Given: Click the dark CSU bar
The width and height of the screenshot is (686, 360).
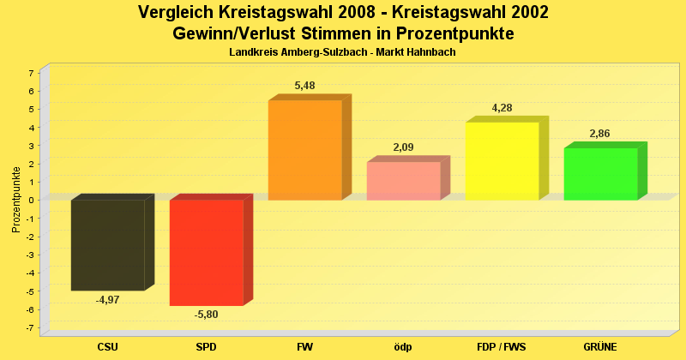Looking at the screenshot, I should click(107, 245).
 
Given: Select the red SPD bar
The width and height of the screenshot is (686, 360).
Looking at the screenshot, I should click(206, 252).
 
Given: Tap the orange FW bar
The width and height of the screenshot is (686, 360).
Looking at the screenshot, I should click(304, 150).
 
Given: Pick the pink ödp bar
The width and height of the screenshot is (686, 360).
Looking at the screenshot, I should click(403, 181).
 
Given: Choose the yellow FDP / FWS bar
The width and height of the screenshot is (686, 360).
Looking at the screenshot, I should click(502, 161).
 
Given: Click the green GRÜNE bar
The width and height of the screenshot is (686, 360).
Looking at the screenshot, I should click(600, 174).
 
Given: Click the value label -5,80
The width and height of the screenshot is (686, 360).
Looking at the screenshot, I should click(206, 315).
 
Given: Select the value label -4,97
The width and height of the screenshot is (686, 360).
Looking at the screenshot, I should click(107, 300).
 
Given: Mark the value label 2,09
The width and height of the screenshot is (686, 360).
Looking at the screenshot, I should click(404, 147).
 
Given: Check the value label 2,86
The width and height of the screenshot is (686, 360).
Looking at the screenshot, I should click(600, 134).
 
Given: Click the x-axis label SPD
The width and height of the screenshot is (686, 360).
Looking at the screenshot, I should click(206, 347).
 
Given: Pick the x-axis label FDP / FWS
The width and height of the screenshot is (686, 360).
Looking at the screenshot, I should click(502, 347).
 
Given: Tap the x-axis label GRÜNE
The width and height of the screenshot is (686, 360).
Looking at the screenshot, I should click(600, 347).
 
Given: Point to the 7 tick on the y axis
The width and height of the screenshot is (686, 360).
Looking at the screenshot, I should click(31, 73).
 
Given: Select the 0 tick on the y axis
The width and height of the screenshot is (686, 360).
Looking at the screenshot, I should click(31, 201).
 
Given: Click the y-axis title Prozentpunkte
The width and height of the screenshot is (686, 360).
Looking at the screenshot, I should click(15, 200).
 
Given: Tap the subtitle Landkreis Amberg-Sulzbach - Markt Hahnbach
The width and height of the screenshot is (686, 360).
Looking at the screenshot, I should click(342, 52).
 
